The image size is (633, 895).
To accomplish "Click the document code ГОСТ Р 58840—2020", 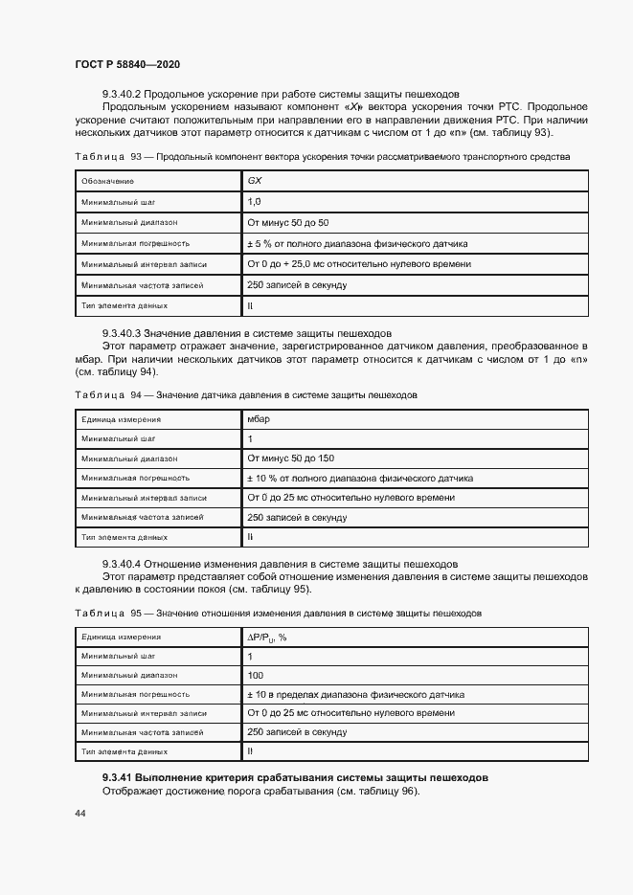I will [x=127, y=64].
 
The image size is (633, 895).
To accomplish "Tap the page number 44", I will [x=79, y=812].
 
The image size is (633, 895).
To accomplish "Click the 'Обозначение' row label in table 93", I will [x=107, y=181].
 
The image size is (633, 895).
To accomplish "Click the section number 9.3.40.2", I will [x=122, y=93].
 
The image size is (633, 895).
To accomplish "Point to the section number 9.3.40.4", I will [x=122, y=564].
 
